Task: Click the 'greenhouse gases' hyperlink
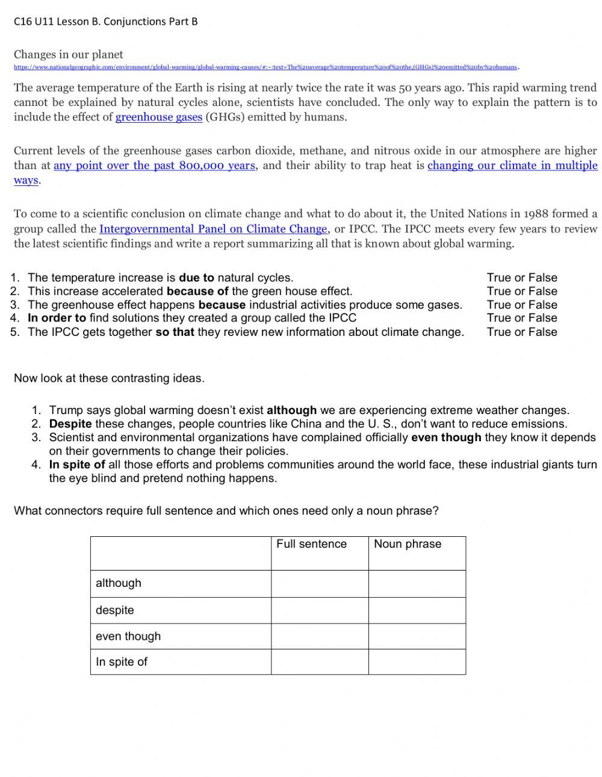pyautogui.click(x=158, y=117)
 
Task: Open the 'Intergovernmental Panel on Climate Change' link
pyautogui.click(x=213, y=229)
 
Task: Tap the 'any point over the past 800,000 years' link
pyautogui.click(x=154, y=166)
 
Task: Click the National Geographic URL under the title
pyautogui.click(x=265, y=67)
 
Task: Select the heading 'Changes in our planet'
pyautogui.click(x=69, y=55)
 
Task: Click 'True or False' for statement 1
pyautogui.click(x=521, y=277)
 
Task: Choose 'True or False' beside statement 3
pyautogui.click(x=521, y=305)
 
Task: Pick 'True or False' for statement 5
pyautogui.click(x=521, y=332)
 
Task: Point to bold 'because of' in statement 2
pyautogui.click(x=197, y=291)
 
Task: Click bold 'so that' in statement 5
pyautogui.click(x=175, y=332)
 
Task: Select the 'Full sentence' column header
pyautogui.click(x=311, y=544)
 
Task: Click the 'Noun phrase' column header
pyautogui.click(x=408, y=544)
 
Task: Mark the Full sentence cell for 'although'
pyautogui.click(x=319, y=584)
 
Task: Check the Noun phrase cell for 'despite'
pyautogui.click(x=417, y=610)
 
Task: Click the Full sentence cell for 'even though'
pyautogui.click(x=319, y=636)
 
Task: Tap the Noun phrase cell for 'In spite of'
pyautogui.click(x=417, y=661)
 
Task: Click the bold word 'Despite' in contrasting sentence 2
pyautogui.click(x=70, y=424)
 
